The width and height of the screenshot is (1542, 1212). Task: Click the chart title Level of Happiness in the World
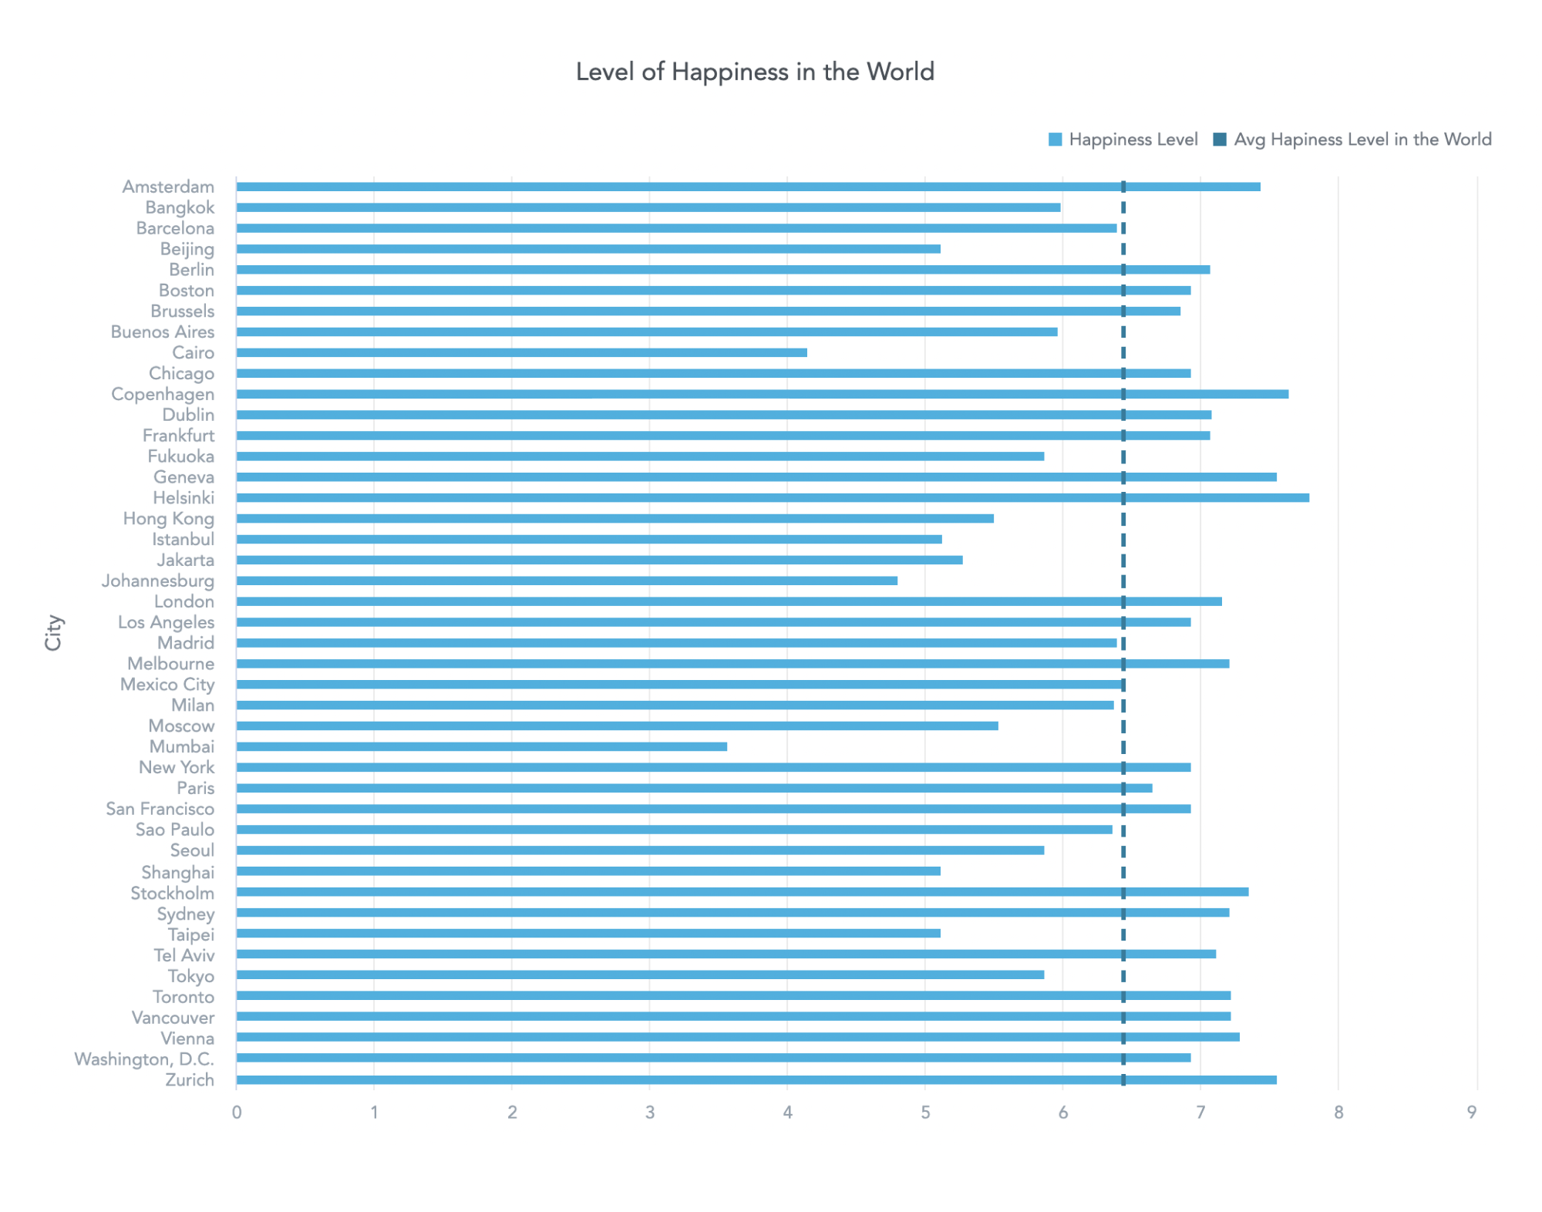tap(754, 72)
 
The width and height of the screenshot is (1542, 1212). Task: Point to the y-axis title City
tap(53, 632)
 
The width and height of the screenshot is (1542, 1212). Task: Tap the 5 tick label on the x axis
tap(924, 1112)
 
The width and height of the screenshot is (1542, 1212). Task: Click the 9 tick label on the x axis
tap(1471, 1112)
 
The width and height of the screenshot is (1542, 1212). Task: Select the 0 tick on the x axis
tap(237, 1112)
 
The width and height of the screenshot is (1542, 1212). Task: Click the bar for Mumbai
tap(481, 746)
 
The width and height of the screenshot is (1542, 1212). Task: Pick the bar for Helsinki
tap(772, 497)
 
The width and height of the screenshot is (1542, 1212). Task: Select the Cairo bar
tap(521, 352)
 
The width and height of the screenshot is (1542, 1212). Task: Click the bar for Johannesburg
tap(567, 581)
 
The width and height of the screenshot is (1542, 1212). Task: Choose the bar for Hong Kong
tap(614, 518)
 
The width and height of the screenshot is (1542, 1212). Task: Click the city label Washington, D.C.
tap(144, 1059)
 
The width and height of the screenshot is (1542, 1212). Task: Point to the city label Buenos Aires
tap(163, 332)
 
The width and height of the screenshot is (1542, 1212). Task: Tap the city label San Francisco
tap(160, 809)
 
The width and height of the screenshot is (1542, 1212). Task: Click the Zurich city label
tap(190, 1079)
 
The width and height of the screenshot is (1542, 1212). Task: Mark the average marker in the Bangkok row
tap(1123, 207)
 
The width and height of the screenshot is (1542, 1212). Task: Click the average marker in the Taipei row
tap(1123, 934)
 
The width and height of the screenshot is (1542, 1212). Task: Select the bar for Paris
tap(694, 788)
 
